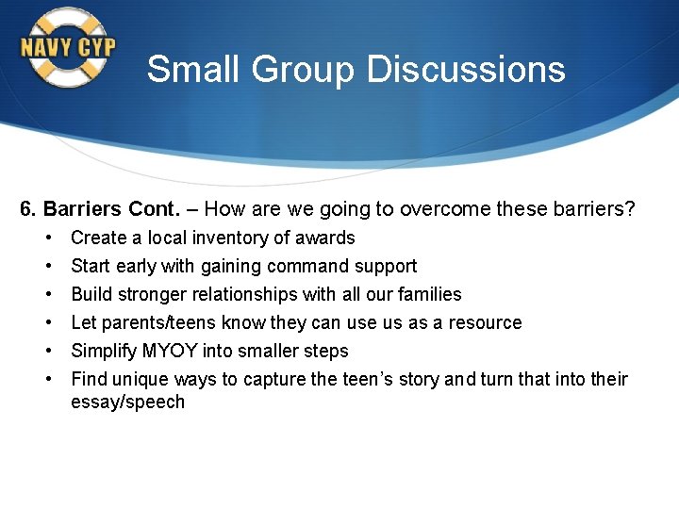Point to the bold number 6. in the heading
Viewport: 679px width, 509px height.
pyautogui.click(x=28, y=209)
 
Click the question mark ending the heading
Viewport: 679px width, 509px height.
pyautogui.click(x=630, y=209)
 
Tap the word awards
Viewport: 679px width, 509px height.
pyautogui.click(x=326, y=238)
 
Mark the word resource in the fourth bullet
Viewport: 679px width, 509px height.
pyautogui.click(x=486, y=322)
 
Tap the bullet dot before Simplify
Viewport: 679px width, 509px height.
pyautogui.click(x=47, y=351)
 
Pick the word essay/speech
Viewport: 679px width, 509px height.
pyautogui.click(x=128, y=402)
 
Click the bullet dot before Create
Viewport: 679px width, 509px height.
pyautogui.click(x=47, y=238)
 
